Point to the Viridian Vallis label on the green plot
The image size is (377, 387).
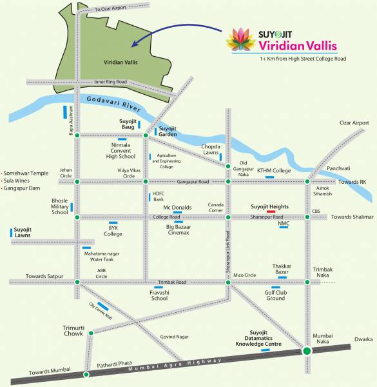tap(121, 63)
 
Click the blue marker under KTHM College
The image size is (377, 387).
tap(278, 177)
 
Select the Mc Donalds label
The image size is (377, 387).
tap(177, 207)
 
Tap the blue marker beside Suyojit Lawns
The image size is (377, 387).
tap(12, 232)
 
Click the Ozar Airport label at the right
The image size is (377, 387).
tap(354, 123)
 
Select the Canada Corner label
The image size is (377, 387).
tap(215, 207)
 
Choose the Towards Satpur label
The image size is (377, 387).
tap(44, 276)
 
